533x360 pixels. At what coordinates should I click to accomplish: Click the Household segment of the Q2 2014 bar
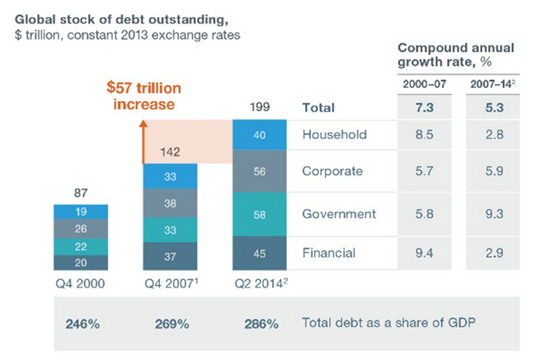[259, 135]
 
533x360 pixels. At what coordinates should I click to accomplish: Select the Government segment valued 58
[259, 214]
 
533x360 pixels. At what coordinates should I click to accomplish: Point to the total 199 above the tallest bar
[259, 108]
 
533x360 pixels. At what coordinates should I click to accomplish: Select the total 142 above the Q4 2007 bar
[171, 153]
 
